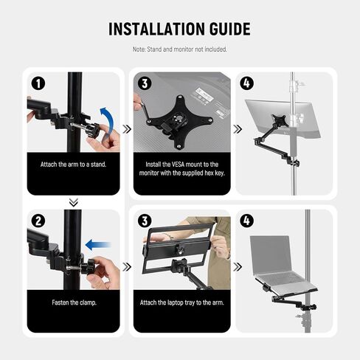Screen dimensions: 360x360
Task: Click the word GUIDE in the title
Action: point(230,29)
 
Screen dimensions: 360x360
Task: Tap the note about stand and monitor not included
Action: point(180,49)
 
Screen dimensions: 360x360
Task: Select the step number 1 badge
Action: point(38,83)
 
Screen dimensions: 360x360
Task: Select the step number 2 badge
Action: point(38,221)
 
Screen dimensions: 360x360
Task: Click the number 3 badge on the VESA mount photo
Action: point(145,83)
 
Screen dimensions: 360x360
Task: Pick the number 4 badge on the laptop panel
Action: point(246,221)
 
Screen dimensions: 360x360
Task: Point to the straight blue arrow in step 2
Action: point(98,245)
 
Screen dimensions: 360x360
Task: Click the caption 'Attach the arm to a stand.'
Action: point(73,165)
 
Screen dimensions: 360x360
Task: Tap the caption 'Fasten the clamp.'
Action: point(74,302)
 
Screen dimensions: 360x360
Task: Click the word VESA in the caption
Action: point(178,165)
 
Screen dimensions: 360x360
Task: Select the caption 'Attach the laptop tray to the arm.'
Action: point(182,302)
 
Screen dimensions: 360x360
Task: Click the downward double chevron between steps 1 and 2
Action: point(74,202)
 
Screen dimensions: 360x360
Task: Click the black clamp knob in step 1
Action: point(93,129)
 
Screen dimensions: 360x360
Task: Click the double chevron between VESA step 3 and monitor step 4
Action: point(238,129)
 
